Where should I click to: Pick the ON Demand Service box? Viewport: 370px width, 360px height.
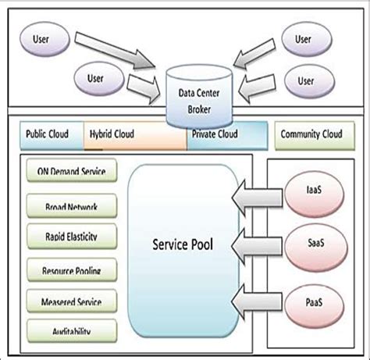66,172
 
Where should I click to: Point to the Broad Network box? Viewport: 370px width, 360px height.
66,206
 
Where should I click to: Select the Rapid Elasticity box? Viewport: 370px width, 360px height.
66,235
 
